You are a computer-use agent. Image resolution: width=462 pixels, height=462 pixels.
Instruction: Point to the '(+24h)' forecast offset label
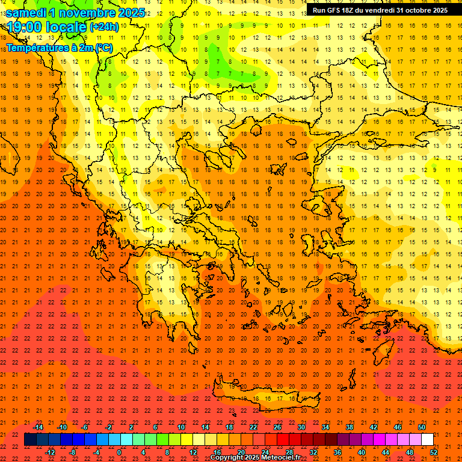point(104,27)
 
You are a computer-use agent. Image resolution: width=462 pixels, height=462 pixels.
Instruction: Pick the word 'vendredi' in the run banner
point(378,10)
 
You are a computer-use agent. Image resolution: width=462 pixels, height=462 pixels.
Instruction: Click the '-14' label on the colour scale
point(37,428)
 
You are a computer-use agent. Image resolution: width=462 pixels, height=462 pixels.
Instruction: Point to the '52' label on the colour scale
point(434,452)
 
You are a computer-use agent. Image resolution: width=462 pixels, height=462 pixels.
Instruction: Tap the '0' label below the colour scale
point(119,452)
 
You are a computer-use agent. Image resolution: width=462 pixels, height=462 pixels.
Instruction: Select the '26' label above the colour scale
point(277,428)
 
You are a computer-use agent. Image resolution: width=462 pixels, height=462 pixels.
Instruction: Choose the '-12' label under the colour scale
point(51,452)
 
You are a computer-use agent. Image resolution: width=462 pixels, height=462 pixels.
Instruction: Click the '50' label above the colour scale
point(422,428)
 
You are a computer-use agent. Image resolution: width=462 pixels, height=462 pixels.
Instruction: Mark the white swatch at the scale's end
point(428,440)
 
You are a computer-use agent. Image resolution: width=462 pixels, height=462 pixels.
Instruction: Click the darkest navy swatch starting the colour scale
point(31,440)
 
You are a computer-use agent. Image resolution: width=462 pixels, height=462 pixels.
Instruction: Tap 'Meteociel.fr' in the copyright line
point(281,458)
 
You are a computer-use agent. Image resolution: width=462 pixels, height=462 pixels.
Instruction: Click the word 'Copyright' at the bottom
point(227,458)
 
